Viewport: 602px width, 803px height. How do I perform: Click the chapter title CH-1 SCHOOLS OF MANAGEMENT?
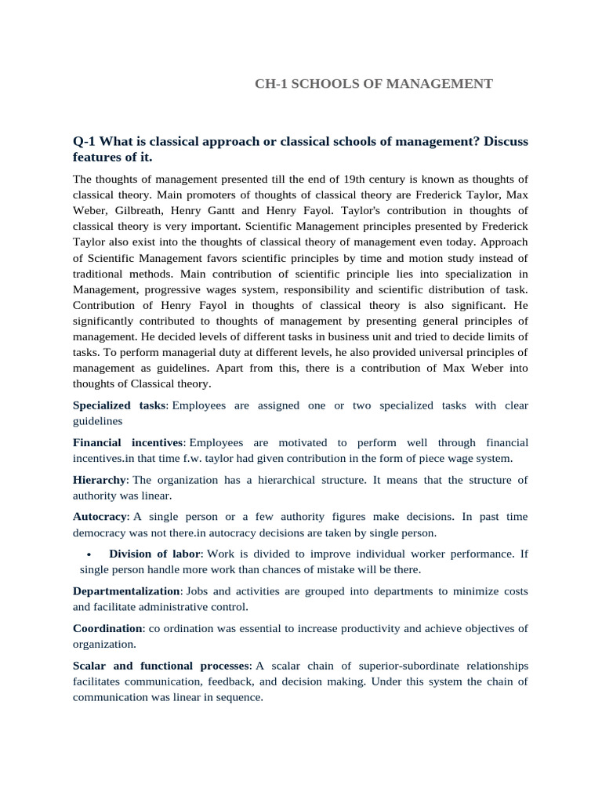tap(373, 83)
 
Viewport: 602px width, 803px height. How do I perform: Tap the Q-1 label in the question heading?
tap(87, 141)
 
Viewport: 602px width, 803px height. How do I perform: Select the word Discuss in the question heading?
tap(506, 141)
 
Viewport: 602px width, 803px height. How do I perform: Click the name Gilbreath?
tap(141, 211)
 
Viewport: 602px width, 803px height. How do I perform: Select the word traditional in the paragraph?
tap(98, 274)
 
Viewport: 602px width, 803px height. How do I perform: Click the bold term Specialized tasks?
tap(119, 405)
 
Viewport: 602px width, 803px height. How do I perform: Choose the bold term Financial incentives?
tap(128, 443)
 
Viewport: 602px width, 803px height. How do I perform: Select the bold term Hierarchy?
tap(100, 480)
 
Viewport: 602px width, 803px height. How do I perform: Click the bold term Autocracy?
tap(100, 517)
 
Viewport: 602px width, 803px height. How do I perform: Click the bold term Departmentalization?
tap(127, 591)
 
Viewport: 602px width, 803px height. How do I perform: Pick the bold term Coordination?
tap(108, 629)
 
